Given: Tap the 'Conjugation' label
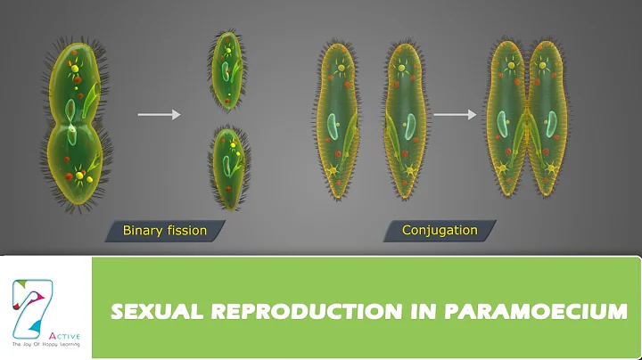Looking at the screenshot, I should pos(440,231).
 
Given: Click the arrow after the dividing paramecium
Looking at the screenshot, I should pos(159,114).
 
